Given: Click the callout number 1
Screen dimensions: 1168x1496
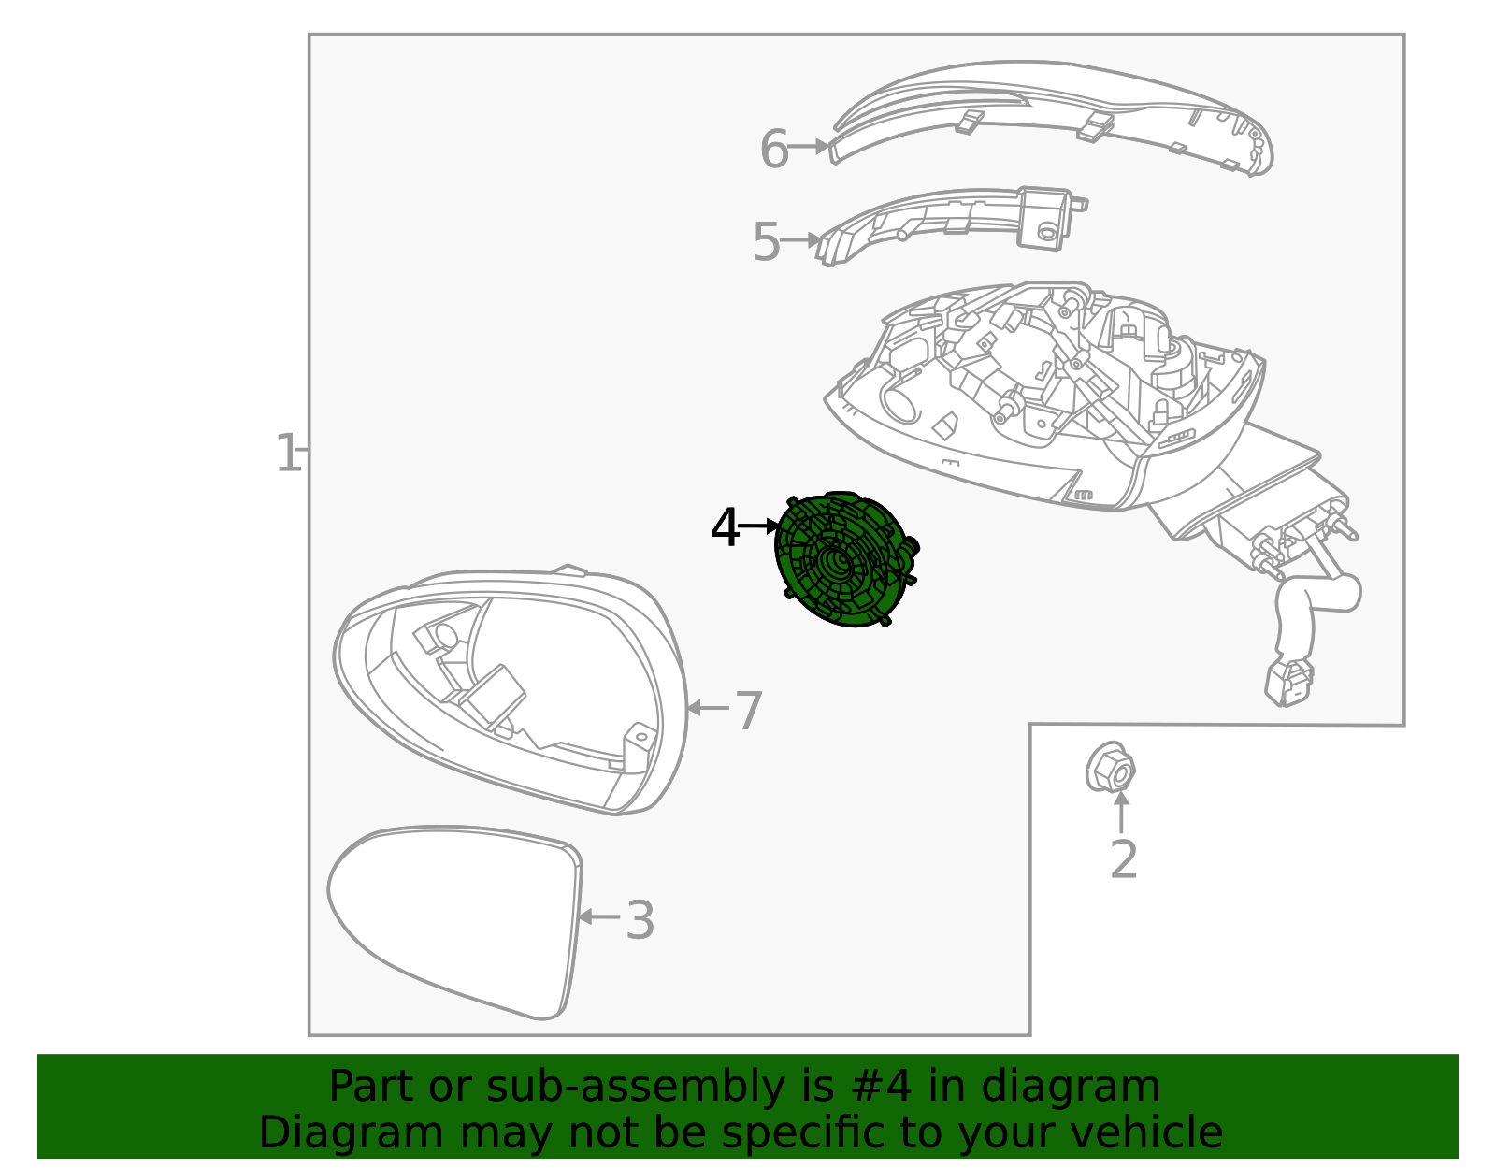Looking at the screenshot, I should tap(287, 454).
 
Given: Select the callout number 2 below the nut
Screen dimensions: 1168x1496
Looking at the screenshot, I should tap(1123, 859).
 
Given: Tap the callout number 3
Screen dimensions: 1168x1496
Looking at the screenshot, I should tap(640, 920).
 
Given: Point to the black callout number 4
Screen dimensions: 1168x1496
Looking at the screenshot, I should tap(725, 529).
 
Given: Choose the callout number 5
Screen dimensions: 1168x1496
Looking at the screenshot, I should tap(766, 243).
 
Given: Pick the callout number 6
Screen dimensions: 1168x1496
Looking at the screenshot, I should tap(773, 150).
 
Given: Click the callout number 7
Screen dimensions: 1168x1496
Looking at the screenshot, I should tap(748, 712).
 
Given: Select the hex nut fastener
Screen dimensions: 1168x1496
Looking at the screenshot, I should tap(1110, 769).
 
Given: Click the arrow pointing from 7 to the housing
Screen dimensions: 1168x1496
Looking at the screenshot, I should tap(707, 708).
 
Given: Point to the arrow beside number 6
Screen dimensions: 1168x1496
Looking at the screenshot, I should tap(810, 147).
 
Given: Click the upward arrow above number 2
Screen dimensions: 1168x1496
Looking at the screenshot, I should tap(1121, 810).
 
